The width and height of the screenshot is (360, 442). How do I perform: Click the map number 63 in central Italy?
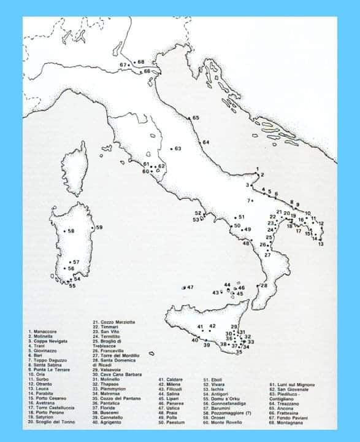(x=178, y=149)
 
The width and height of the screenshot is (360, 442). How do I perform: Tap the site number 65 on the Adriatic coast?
(x=196, y=118)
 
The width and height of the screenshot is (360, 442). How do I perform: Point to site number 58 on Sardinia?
(x=72, y=231)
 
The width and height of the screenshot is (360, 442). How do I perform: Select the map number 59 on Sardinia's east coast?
(x=99, y=228)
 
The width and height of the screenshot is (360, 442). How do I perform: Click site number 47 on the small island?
(x=191, y=287)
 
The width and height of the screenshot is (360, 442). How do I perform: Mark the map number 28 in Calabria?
(x=264, y=286)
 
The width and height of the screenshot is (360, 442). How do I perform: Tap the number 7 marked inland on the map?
(x=250, y=201)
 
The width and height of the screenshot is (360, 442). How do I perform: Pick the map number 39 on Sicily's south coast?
(x=207, y=345)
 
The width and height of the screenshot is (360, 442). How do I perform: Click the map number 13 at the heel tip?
(x=321, y=244)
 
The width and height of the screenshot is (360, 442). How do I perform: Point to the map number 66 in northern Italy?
(x=147, y=72)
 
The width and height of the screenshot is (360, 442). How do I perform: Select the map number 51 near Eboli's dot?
(x=242, y=217)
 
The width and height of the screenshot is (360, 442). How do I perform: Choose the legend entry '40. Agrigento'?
(x=110, y=405)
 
